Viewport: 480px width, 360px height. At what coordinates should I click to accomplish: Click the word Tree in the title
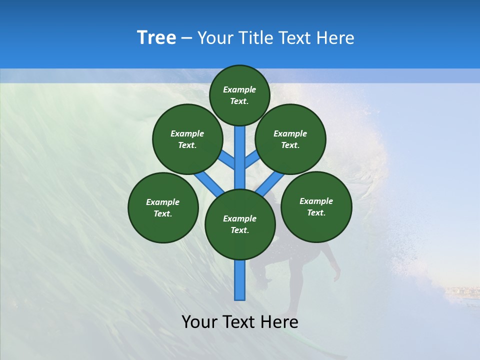156,38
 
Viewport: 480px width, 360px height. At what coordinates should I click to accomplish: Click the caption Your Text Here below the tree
240,322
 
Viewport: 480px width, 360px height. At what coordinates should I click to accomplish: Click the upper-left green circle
187,139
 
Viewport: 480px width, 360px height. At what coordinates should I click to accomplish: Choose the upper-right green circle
290,139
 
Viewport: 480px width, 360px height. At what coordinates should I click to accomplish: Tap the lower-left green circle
163,207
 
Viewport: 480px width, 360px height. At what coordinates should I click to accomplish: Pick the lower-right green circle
316,206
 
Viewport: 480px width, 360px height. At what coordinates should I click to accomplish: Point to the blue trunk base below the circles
240,280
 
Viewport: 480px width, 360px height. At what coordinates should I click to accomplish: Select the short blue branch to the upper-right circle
252,160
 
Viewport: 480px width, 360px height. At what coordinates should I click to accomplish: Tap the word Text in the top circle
239,101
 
